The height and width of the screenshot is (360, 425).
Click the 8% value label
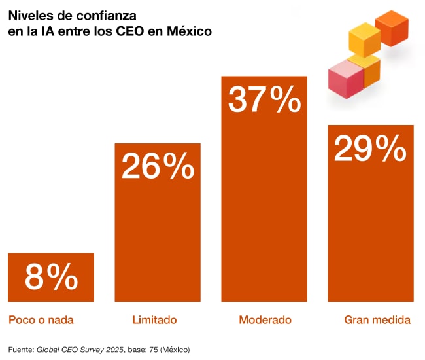(x=51, y=278)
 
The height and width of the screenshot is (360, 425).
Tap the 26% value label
(x=158, y=168)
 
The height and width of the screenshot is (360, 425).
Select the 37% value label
(x=264, y=101)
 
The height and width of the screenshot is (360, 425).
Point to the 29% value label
(x=370, y=149)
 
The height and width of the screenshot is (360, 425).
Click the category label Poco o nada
(x=41, y=320)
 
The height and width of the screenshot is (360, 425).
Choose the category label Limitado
(x=154, y=320)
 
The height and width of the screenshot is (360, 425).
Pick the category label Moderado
(x=265, y=320)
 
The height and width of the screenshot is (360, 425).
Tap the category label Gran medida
(x=377, y=320)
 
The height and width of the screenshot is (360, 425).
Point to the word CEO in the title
(x=131, y=31)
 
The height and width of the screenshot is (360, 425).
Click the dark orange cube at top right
(x=392, y=28)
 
